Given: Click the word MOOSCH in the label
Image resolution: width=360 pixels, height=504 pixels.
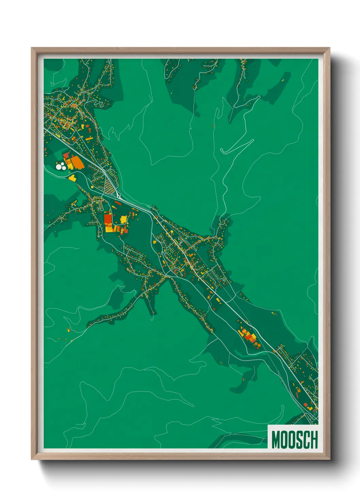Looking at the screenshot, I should point(294,440).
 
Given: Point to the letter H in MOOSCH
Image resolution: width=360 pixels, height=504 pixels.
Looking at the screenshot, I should point(314,440).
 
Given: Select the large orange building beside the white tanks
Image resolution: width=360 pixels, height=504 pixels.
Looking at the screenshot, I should point(78,163).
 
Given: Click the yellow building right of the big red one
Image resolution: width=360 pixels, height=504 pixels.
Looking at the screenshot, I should point(123,219).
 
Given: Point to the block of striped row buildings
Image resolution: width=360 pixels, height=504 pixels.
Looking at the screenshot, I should point(109,187).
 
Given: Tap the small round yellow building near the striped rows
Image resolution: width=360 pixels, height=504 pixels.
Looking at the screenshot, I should point(92,187).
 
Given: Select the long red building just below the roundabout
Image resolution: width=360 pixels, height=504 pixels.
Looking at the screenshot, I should point(118,203).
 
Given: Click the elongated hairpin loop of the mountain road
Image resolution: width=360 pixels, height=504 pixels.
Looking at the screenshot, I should point(236,147).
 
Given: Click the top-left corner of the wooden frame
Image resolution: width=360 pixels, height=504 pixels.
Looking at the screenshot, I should point(32,48).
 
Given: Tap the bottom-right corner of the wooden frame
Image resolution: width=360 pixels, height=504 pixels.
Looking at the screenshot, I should point(329,459).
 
